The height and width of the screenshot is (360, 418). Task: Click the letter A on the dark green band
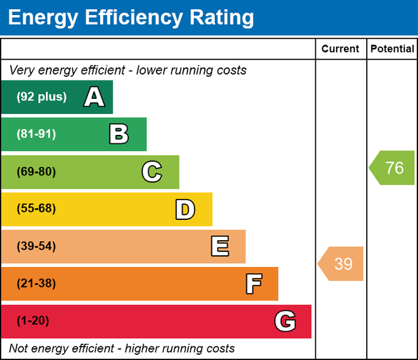94,98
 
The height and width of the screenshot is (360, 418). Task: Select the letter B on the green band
119,135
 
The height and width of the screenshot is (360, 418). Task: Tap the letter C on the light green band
151,172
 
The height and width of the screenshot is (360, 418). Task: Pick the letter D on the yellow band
185,209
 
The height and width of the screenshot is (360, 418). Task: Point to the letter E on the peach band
219,247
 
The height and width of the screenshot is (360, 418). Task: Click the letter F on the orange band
254,284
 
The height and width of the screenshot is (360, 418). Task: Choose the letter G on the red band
285,321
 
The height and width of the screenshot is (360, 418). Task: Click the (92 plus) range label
41,97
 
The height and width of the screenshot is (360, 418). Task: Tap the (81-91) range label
36,134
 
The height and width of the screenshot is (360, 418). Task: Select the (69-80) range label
36,172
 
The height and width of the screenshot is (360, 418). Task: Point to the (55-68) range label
36,209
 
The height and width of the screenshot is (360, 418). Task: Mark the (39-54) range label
36,247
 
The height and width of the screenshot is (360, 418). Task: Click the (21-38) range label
36,283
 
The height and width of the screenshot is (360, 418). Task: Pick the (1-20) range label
33,321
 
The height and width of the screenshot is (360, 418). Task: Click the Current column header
340,49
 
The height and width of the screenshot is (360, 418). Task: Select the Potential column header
392,49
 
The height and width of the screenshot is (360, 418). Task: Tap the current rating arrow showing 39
341,264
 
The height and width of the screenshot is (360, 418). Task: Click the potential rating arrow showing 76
392,168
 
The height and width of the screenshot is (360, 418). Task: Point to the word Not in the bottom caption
20,348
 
